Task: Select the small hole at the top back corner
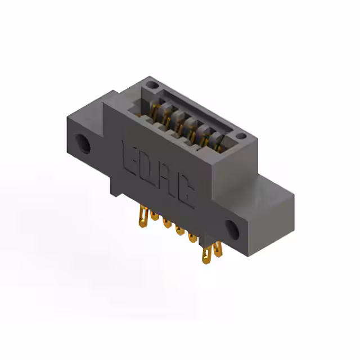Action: (x=150, y=85)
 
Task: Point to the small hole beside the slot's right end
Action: (x=241, y=136)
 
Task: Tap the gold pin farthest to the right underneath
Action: (x=218, y=251)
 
